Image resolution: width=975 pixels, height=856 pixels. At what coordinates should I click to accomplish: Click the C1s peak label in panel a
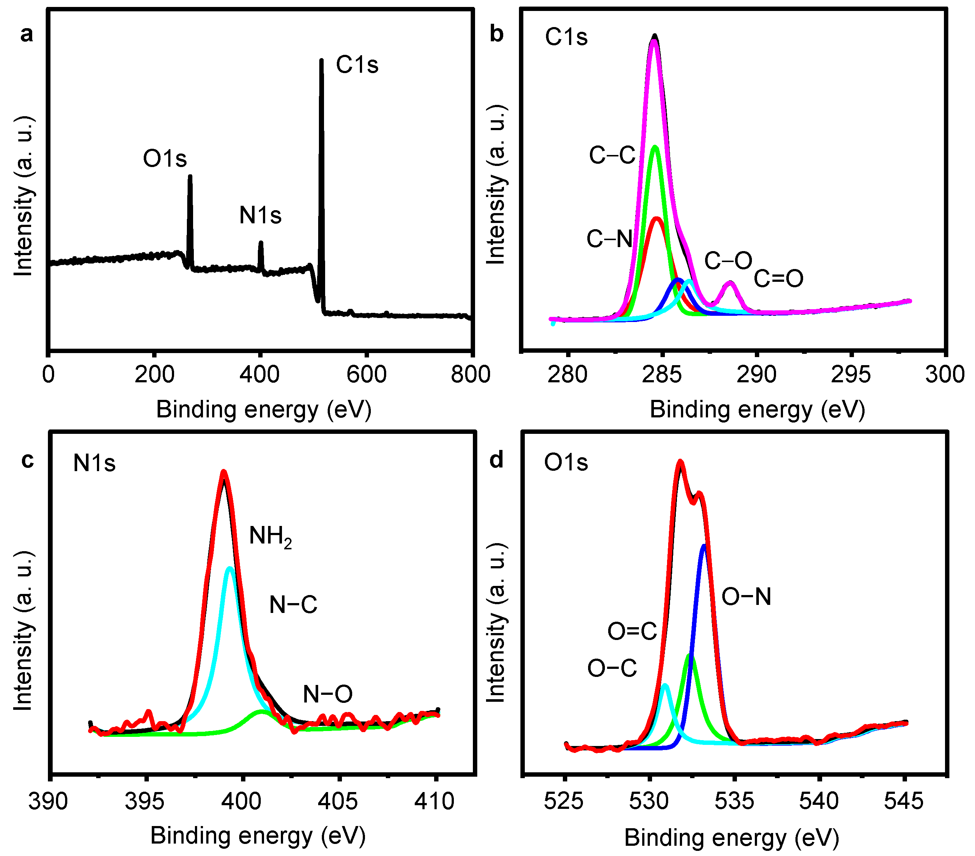point(357,65)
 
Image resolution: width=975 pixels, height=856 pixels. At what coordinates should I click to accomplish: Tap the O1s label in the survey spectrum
point(165,158)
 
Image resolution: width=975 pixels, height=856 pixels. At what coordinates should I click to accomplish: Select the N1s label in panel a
point(260,215)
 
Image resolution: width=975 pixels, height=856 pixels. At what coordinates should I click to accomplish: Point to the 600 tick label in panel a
point(366,375)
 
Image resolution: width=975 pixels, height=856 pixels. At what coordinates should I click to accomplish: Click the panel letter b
point(497,34)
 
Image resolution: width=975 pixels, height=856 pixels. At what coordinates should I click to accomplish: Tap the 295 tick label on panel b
point(851,375)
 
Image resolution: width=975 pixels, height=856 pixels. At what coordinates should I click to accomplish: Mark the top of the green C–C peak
point(655,147)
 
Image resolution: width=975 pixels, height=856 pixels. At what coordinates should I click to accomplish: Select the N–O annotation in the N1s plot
point(328,694)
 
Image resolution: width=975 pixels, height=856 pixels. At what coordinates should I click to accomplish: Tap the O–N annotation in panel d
point(746,596)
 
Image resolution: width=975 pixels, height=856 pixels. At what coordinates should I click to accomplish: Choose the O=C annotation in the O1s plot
point(632,632)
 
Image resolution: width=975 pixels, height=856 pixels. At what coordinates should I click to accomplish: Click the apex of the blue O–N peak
point(704,546)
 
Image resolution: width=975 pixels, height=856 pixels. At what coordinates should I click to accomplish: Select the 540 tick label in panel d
point(818,801)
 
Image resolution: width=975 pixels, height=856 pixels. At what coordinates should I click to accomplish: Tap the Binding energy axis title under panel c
point(257,836)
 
